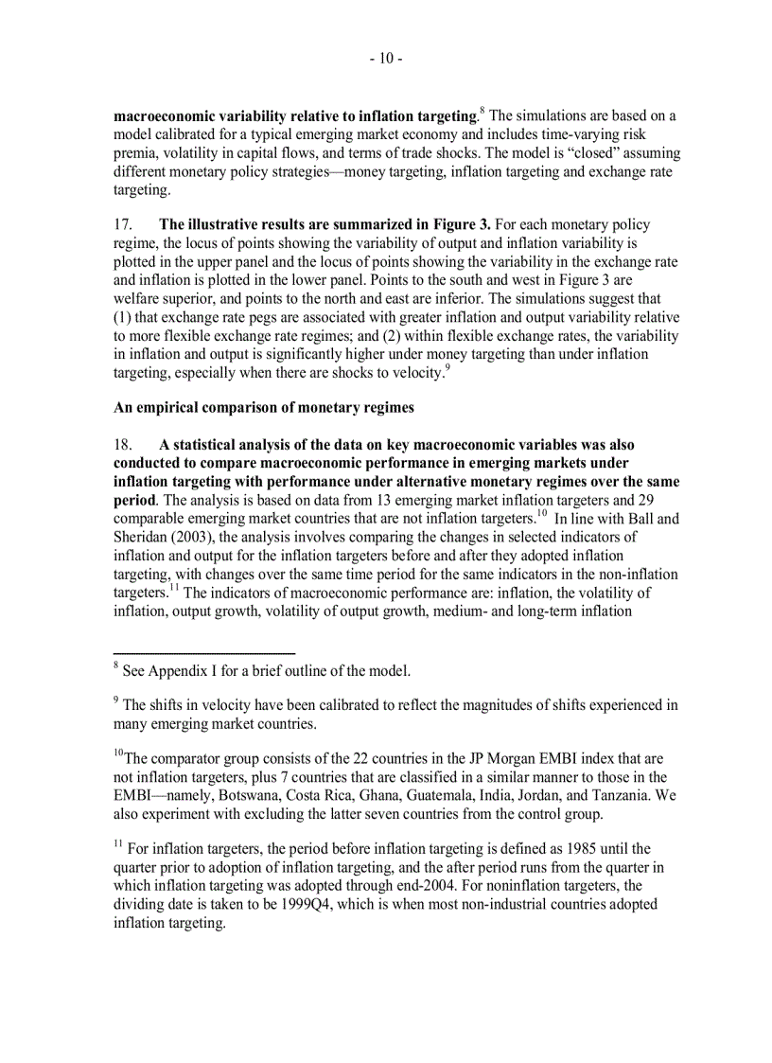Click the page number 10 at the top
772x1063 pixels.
pos(386,59)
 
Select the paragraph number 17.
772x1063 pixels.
pos(123,225)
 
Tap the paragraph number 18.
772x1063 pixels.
pos(123,445)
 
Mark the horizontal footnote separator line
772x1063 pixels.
pos(204,652)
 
